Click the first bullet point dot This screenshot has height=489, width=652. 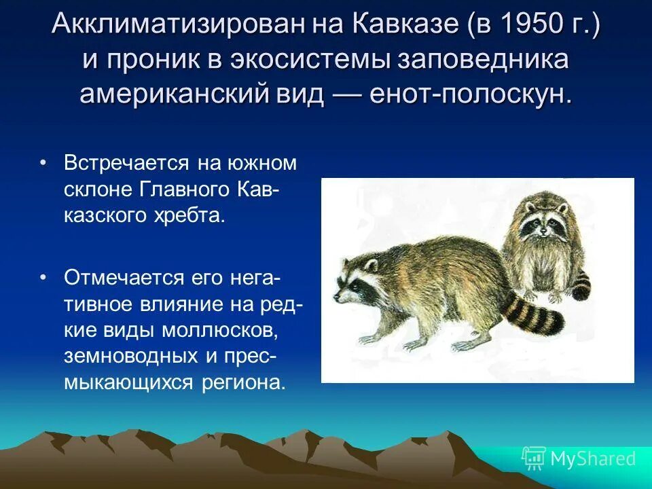(x=43, y=164)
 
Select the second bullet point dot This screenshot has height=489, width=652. (x=43, y=278)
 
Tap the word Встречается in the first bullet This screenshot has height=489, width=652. (x=126, y=164)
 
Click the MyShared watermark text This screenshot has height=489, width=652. (x=593, y=459)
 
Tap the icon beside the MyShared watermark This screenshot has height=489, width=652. (x=533, y=458)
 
